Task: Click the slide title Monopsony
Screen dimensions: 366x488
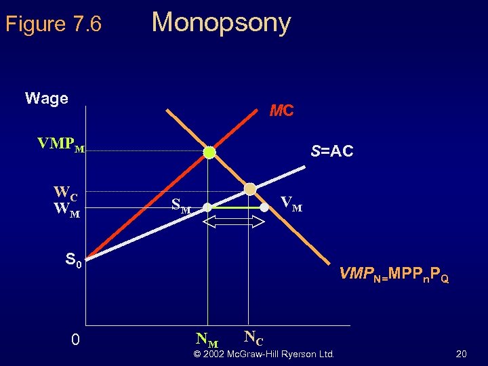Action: (x=221, y=22)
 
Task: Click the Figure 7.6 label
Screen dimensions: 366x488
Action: (x=54, y=24)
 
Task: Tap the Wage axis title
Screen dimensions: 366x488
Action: (x=46, y=98)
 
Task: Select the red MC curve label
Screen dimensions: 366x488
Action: (x=281, y=110)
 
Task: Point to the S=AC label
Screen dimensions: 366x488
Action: (x=332, y=151)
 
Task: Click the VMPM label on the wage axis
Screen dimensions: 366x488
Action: (x=61, y=144)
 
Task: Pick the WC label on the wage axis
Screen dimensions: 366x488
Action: (x=66, y=192)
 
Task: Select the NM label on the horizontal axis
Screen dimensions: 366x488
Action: (x=207, y=338)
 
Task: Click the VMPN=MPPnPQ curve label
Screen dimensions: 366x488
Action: (x=394, y=274)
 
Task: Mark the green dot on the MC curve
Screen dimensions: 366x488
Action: (x=209, y=152)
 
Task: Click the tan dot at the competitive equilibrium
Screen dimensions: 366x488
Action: (x=250, y=189)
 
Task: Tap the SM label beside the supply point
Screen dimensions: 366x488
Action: (x=181, y=205)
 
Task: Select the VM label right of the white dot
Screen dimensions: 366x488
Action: (x=292, y=203)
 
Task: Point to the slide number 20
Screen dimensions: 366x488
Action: (x=461, y=354)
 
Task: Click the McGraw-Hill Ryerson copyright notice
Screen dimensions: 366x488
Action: (x=264, y=354)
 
